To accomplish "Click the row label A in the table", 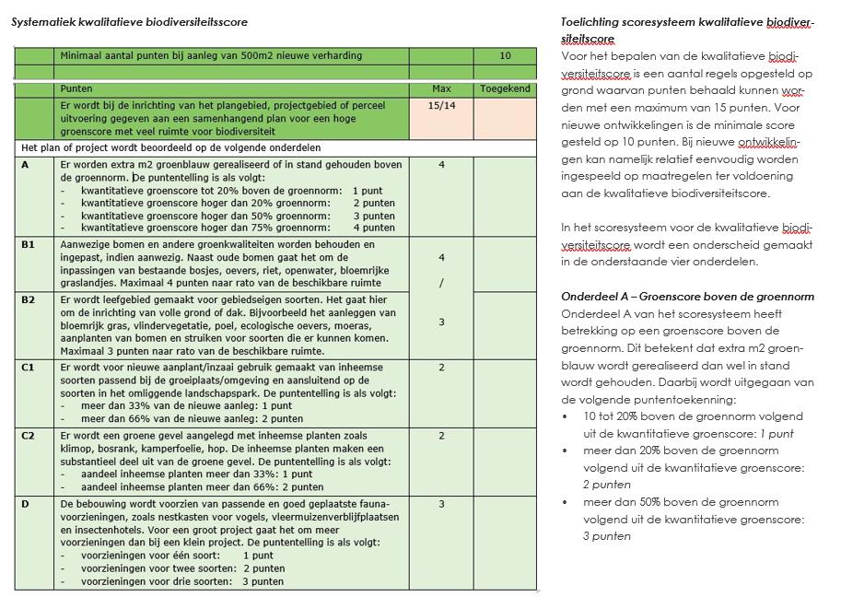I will [25, 164].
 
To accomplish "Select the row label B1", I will [28, 244].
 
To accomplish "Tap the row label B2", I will [28, 299].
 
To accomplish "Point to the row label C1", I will [28, 367].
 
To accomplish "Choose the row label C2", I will [28, 435].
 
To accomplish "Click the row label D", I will [25, 504].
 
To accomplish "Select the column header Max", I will [441, 89].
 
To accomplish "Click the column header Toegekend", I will [505, 89].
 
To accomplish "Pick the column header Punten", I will [76, 89].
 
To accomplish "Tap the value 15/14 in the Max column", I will [441, 106].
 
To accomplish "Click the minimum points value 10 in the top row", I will [505, 56].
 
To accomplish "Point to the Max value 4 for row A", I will [441, 165].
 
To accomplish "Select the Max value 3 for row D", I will [441, 504].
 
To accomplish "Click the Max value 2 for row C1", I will [441, 368].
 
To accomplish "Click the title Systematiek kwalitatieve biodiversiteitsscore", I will [129, 22].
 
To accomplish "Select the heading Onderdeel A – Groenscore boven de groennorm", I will [687, 296].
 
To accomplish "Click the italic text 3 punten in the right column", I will [607, 536].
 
